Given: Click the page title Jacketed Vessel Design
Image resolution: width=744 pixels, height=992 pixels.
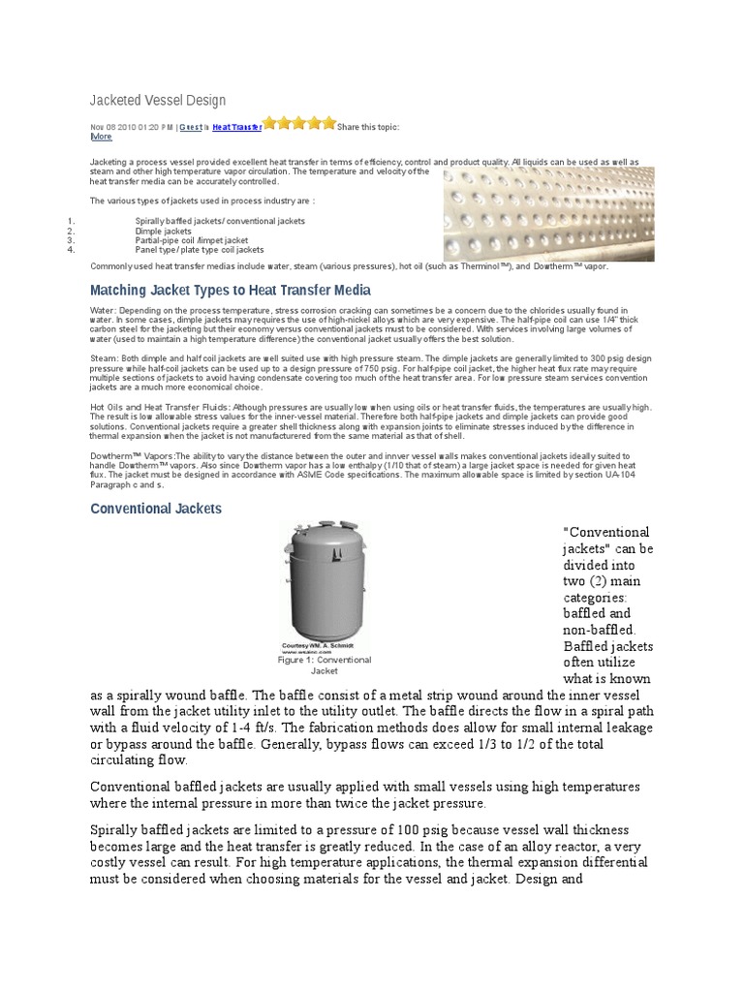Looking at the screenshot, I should tap(158, 101).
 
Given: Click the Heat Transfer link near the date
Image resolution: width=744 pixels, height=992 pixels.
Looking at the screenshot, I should tap(236, 127).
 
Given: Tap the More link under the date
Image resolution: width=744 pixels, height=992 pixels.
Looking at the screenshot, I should tap(101, 137).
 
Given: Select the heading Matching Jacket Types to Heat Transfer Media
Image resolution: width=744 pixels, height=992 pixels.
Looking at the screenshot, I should tap(230, 290).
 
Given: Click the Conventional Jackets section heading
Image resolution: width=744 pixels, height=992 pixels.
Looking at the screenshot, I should tap(156, 508).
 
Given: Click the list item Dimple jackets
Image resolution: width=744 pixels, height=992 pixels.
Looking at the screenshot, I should tap(164, 231).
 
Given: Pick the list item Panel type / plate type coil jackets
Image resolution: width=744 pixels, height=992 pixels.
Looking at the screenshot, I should tap(200, 249).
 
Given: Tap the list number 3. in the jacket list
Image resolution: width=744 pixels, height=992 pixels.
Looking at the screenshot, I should tap(72, 240).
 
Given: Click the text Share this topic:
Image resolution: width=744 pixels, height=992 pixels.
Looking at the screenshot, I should tap(368, 127).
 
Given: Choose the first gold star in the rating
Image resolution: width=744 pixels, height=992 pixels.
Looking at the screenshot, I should tap(270, 123).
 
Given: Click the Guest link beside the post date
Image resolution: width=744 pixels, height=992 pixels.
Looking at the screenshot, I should tap(190, 127).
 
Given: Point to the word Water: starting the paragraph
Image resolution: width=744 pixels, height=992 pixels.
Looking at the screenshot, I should tap(102, 309).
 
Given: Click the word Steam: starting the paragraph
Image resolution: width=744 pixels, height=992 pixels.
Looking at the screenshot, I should tap(103, 357).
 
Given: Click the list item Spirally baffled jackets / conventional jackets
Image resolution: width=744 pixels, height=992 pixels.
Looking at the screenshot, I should tap(220, 221).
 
